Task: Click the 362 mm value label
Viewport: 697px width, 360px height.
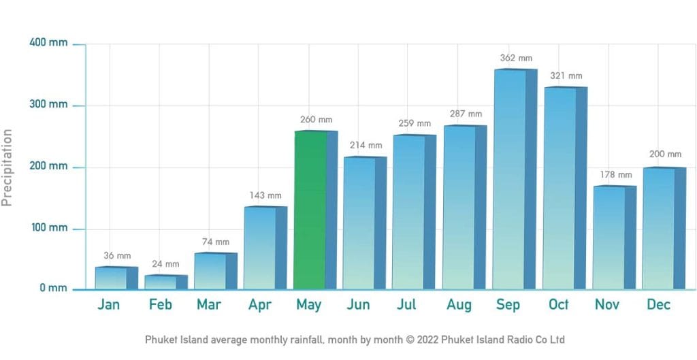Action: (x=517, y=59)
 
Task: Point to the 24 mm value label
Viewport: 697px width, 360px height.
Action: (x=165, y=264)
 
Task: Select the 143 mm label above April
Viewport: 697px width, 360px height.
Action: (x=265, y=196)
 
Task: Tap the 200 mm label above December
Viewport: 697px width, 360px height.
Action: (x=665, y=154)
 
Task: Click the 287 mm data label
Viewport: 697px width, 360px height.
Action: (x=466, y=114)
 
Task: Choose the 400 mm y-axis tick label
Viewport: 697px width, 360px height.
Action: (x=48, y=43)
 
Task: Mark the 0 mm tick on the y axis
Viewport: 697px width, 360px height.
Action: (x=53, y=288)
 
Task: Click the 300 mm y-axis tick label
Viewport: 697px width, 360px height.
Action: (x=48, y=105)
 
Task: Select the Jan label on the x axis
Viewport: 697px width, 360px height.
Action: (x=109, y=305)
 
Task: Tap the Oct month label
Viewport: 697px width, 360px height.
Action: (x=559, y=305)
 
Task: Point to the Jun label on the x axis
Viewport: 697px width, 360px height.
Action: (x=358, y=305)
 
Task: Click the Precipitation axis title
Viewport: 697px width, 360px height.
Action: (x=7, y=167)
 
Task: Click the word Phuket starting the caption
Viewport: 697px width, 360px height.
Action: (x=160, y=340)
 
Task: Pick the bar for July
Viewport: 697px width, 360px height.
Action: (x=410, y=212)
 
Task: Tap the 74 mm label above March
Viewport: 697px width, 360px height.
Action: (x=216, y=242)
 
